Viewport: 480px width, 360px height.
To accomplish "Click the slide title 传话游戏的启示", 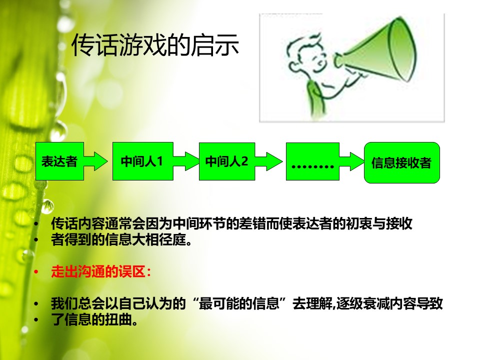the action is click(155, 45).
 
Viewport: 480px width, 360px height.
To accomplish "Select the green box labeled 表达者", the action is click(59, 161).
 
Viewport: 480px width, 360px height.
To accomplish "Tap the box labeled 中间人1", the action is click(143, 161).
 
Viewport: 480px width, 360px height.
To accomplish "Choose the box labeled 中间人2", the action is click(227, 161).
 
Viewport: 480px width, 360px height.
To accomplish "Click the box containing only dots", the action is click(312, 161).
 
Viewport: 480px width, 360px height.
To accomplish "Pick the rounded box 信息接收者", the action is click(402, 162).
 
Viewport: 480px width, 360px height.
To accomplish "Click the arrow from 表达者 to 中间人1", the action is click(95, 161).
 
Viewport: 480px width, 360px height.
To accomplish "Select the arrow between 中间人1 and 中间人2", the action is click(186, 161).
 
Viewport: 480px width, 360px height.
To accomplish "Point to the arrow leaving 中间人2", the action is click(268, 161).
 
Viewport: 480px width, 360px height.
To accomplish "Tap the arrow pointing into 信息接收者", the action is click(351, 161).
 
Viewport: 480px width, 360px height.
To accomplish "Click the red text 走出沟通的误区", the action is click(98, 271).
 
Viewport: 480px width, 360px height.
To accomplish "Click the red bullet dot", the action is click(36, 272).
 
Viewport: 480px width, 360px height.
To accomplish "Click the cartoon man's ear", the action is click(294, 66).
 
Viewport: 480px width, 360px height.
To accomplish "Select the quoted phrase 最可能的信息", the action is click(239, 303).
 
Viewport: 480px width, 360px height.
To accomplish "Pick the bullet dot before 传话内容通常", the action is click(36, 224).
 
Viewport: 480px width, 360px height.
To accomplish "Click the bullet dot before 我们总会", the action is click(36, 304).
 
